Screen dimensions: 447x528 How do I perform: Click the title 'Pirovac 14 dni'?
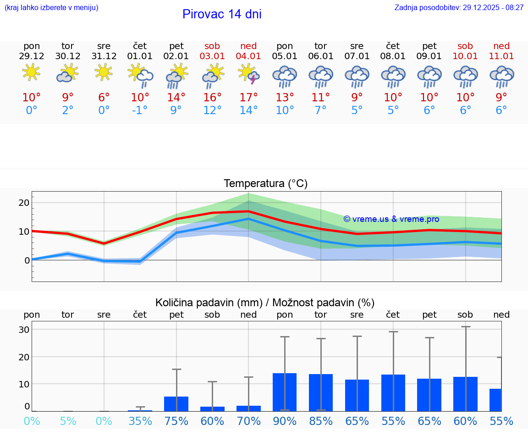click(222, 14)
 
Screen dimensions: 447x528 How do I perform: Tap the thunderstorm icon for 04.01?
click(248, 74)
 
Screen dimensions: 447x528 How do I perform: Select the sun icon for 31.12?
click(104, 72)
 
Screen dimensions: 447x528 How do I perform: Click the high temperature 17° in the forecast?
click(248, 98)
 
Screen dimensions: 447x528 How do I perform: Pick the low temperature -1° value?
click(140, 110)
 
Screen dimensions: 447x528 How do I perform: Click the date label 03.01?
click(212, 56)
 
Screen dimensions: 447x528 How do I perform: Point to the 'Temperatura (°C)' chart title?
click(265, 184)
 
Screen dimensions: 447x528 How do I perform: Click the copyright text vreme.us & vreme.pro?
click(391, 219)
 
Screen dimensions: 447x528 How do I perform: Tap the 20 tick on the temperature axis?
click(24, 203)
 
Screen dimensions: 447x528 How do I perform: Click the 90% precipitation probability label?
click(285, 421)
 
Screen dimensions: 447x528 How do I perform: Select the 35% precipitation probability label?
click(140, 421)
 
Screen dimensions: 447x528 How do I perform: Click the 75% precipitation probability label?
click(176, 421)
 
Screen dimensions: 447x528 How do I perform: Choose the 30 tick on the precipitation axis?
click(24, 330)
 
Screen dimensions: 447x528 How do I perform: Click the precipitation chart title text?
click(265, 303)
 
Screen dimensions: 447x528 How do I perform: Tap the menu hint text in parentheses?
click(51, 8)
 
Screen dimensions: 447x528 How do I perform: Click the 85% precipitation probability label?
click(321, 421)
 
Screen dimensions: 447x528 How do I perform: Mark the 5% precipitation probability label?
click(68, 421)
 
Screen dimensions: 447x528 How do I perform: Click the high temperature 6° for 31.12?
click(104, 98)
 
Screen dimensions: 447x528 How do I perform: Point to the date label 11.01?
click(501, 56)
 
